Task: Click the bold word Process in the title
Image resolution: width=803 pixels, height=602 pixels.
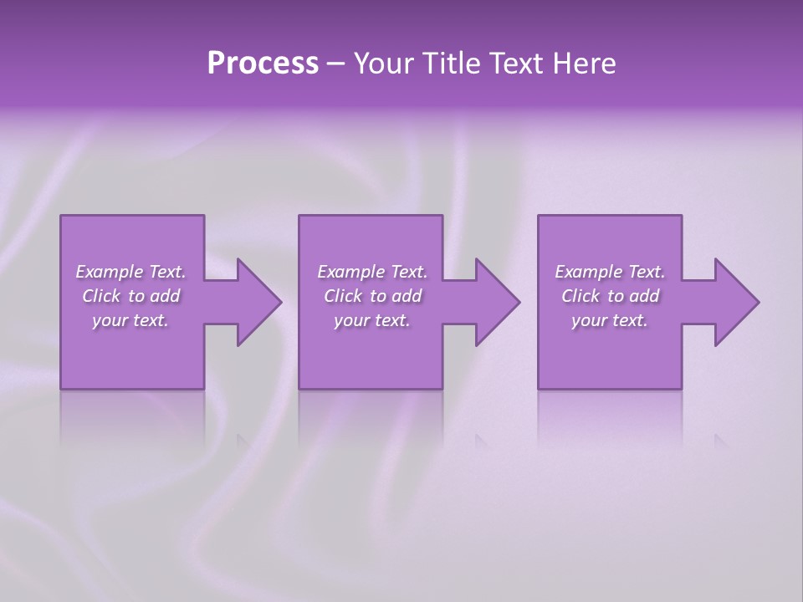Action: pos(263,64)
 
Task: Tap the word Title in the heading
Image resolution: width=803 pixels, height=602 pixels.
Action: pos(451,64)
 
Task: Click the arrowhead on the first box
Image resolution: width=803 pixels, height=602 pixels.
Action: pos(259,303)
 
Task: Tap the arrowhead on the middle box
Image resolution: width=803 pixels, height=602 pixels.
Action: pos(498,303)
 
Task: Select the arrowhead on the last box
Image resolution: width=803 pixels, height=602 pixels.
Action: pos(737,303)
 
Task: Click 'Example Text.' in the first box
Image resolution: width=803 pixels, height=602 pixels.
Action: pos(130,272)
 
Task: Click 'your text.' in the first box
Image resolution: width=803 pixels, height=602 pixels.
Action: pos(130,320)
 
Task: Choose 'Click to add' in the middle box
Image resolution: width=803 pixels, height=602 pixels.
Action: pos(372,296)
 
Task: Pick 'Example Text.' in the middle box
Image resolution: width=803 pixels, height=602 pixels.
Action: pos(372,272)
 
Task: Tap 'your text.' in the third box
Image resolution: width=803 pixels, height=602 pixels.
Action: pos(610,320)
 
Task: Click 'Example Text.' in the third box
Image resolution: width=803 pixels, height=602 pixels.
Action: pos(610,272)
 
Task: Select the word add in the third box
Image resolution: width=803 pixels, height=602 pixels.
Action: pos(644,296)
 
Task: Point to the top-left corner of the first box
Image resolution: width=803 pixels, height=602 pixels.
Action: pos(61,216)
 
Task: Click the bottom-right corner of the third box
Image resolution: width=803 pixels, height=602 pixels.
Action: pos(681,388)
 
